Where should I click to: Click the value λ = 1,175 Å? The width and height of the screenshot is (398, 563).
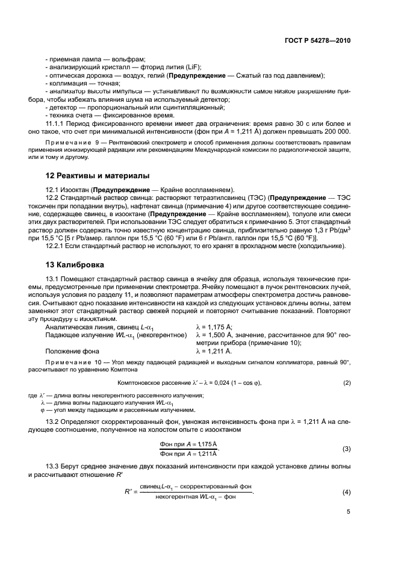216,326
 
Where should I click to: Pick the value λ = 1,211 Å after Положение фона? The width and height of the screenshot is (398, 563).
216,350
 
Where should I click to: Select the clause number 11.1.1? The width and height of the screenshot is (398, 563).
56,122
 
